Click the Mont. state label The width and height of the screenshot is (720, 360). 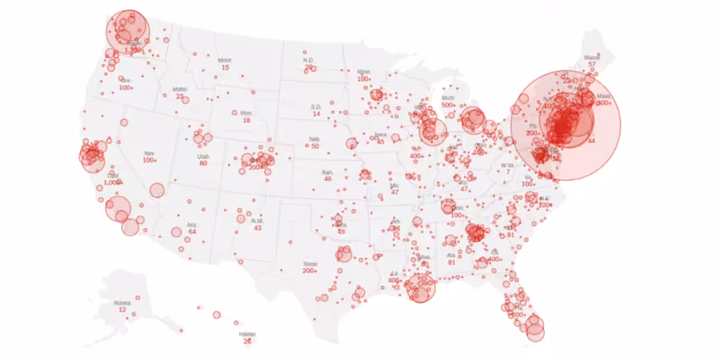pyautogui.click(x=224, y=60)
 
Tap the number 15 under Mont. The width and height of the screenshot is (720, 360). pyautogui.click(x=225, y=67)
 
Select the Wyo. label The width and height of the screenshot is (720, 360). pyautogui.click(x=245, y=112)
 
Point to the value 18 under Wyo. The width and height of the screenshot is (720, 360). pyautogui.click(x=246, y=120)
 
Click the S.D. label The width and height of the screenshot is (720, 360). pyautogui.click(x=316, y=107)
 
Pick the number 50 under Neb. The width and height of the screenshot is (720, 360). pyautogui.click(x=315, y=146)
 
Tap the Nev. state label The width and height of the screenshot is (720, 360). pyautogui.click(x=148, y=153)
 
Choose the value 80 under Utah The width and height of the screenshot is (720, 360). pyautogui.click(x=203, y=163)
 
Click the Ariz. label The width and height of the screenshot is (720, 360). pyautogui.click(x=191, y=225)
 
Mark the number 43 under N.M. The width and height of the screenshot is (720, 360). pyautogui.click(x=257, y=228)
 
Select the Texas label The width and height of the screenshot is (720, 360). pyautogui.click(x=310, y=264)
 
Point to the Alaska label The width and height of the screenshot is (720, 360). pyautogui.click(x=122, y=303)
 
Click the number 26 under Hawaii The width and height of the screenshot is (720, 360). pyautogui.click(x=247, y=341)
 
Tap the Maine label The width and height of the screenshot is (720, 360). pyautogui.click(x=592, y=57)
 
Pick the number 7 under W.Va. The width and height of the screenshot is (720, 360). pyautogui.click(x=508, y=172)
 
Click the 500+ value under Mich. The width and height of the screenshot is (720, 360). pyautogui.click(x=449, y=105)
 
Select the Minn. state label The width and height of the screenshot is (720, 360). pyautogui.click(x=364, y=72)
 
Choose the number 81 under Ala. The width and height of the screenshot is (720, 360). pyautogui.click(x=451, y=262)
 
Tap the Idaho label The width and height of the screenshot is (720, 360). pyautogui.click(x=180, y=89)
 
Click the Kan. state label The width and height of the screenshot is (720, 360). pyautogui.click(x=328, y=172)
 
